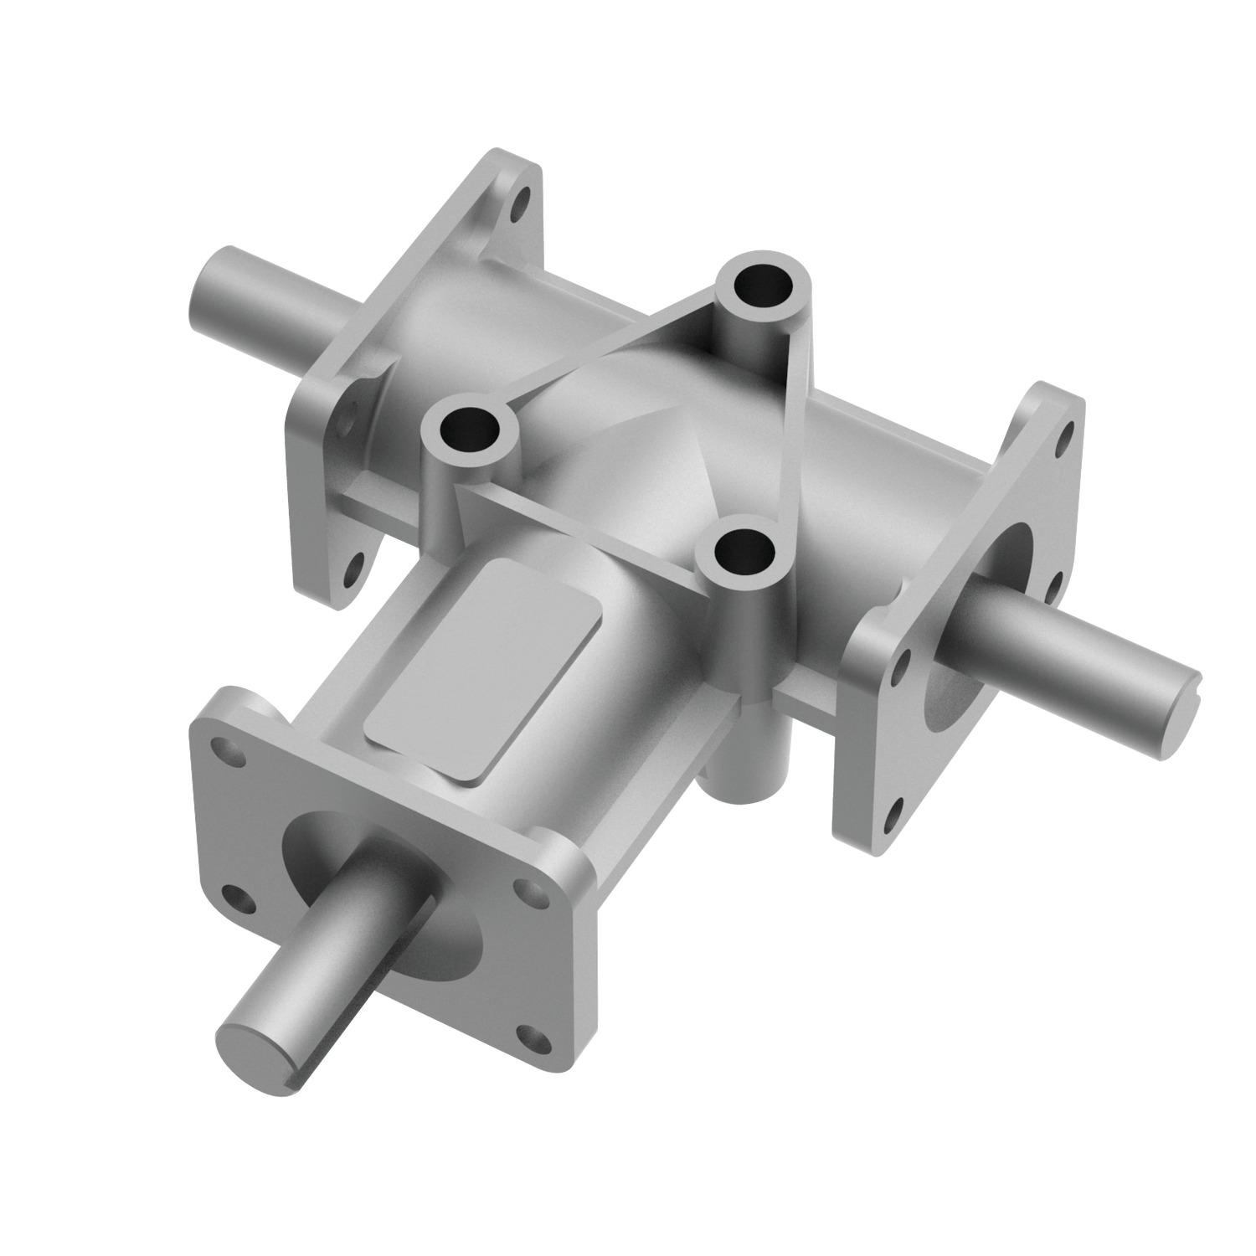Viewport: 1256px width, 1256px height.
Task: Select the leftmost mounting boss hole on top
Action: click(x=469, y=430)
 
